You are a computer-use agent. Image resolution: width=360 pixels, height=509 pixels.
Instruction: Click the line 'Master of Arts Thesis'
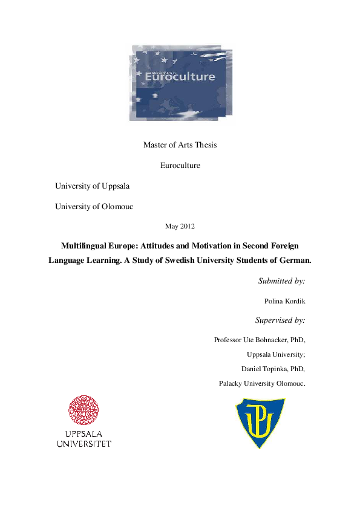coord(180,144)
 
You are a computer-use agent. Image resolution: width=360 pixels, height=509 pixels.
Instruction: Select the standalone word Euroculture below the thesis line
coord(180,165)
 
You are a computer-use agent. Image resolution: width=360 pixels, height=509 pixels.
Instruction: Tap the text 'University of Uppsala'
coord(92,186)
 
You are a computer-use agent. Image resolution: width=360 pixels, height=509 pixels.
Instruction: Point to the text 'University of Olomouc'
coord(94,206)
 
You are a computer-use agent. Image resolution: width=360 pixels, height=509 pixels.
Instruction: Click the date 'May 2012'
coord(180,226)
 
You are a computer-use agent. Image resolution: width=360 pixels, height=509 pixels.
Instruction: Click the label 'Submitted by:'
coord(281,281)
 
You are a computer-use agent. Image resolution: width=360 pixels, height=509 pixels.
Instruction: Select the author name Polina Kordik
coord(284,300)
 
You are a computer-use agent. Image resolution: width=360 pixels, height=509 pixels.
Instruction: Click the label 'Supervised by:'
coord(280,320)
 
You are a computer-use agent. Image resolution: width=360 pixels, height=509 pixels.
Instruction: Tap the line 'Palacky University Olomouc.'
coord(262,383)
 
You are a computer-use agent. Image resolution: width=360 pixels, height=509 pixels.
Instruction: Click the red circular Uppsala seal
coord(84,411)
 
